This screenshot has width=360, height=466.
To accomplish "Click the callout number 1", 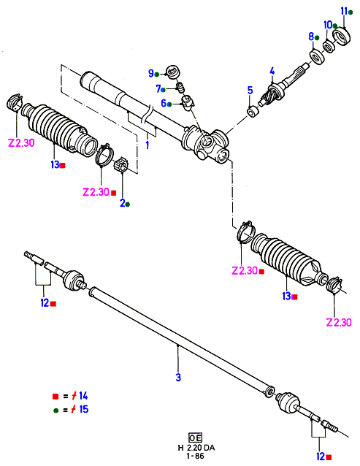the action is pyautogui.click(x=148, y=145).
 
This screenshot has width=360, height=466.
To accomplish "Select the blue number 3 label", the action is pyautogui.click(x=178, y=378).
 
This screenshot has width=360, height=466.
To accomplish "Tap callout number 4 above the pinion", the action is pyautogui.click(x=272, y=71).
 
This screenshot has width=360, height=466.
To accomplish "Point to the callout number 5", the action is pyautogui.click(x=250, y=91).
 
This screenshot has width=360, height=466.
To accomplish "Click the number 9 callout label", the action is pyautogui.click(x=151, y=73).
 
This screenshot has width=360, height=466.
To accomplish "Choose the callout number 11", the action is pyautogui.click(x=344, y=11).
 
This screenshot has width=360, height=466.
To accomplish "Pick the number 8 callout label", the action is pyautogui.click(x=311, y=37).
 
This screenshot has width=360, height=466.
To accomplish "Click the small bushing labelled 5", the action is pyautogui.click(x=253, y=112).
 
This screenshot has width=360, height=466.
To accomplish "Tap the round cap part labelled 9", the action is pyautogui.click(x=173, y=72).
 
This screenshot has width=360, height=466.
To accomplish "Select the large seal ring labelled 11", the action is pyautogui.click(x=342, y=36).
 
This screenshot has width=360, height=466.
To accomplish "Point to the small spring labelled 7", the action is pyautogui.click(x=180, y=88).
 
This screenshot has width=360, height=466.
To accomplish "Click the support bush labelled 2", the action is pyautogui.click(x=120, y=165).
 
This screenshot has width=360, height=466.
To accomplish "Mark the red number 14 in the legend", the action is pyautogui.click(x=83, y=396).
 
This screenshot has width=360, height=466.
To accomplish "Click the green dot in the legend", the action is pyautogui.click(x=55, y=410).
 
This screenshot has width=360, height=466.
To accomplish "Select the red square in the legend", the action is pyautogui.click(x=55, y=396).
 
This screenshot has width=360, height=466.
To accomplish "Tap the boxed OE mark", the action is pyautogui.click(x=195, y=438).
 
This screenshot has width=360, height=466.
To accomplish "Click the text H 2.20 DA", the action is pyautogui.click(x=196, y=448).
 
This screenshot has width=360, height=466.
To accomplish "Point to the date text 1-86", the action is pyautogui.click(x=196, y=456).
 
